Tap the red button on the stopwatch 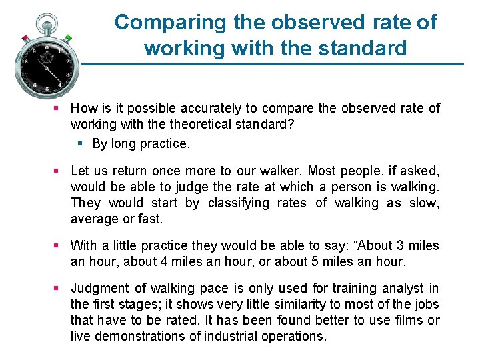tap(25, 37)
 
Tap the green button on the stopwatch tap(69, 39)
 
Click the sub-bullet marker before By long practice tap(80, 143)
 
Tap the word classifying tap(235, 203)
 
